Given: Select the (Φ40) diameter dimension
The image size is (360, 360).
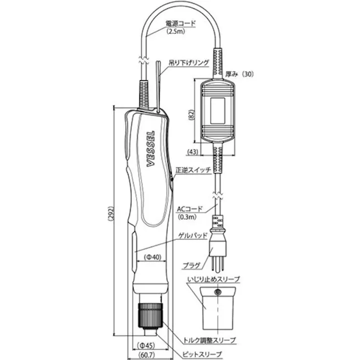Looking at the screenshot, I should pos(151,258).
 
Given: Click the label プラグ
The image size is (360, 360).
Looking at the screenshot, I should pos(192,265).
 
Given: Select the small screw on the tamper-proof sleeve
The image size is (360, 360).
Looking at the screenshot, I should pos(218,293).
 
